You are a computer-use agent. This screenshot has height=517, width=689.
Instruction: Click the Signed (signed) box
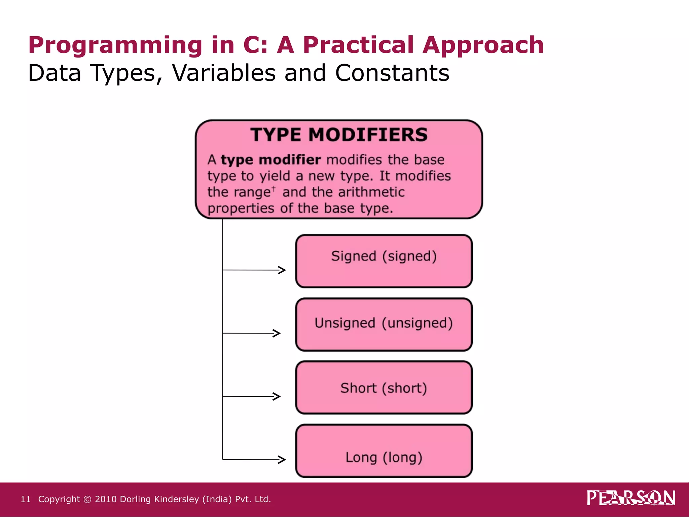pyautogui.click(x=384, y=261)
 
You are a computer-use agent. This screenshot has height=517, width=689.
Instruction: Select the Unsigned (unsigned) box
pyautogui.click(x=384, y=324)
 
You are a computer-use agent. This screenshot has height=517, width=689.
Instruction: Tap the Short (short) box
pyautogui.click(x=384, y=387)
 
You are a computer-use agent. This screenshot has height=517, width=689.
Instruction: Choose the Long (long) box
pyautogui.click(x=384, y=451)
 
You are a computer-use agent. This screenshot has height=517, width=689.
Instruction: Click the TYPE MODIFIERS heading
pyautogui.click(x=339, y=135)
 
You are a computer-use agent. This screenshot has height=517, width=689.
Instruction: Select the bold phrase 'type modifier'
pyautogui.click(x=270, y=160)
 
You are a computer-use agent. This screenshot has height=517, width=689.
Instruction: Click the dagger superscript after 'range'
pyautogui.click(x=274, y=188)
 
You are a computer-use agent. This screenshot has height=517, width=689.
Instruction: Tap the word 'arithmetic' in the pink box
pyautogui.click(x=371, y=192)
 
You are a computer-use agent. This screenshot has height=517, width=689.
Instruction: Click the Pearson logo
pyautogui.click(x=631, y=498)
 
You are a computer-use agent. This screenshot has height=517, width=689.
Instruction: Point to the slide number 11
pyautogui.click(x=26, y=499)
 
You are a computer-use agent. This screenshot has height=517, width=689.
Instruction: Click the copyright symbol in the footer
pyautogui.click(x=87, y=499)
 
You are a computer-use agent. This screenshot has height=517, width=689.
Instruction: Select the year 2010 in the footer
pyautogui.click(x=105, y=499)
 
